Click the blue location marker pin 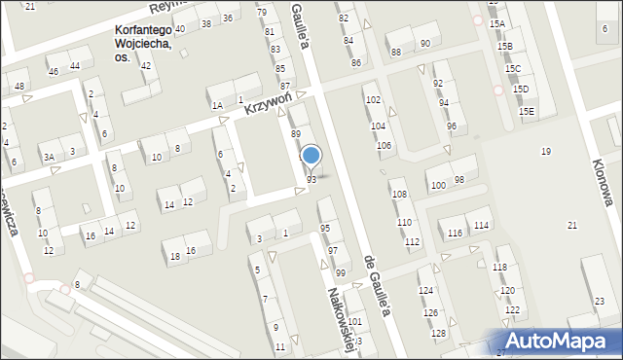311,155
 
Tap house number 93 311,180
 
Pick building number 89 295,132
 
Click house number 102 372,100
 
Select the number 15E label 527,112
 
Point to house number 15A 498,23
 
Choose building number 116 456,233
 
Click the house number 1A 217,105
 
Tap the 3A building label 48,157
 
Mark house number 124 425,291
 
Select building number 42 145,66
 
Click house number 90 424,44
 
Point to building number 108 398,195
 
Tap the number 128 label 438,334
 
